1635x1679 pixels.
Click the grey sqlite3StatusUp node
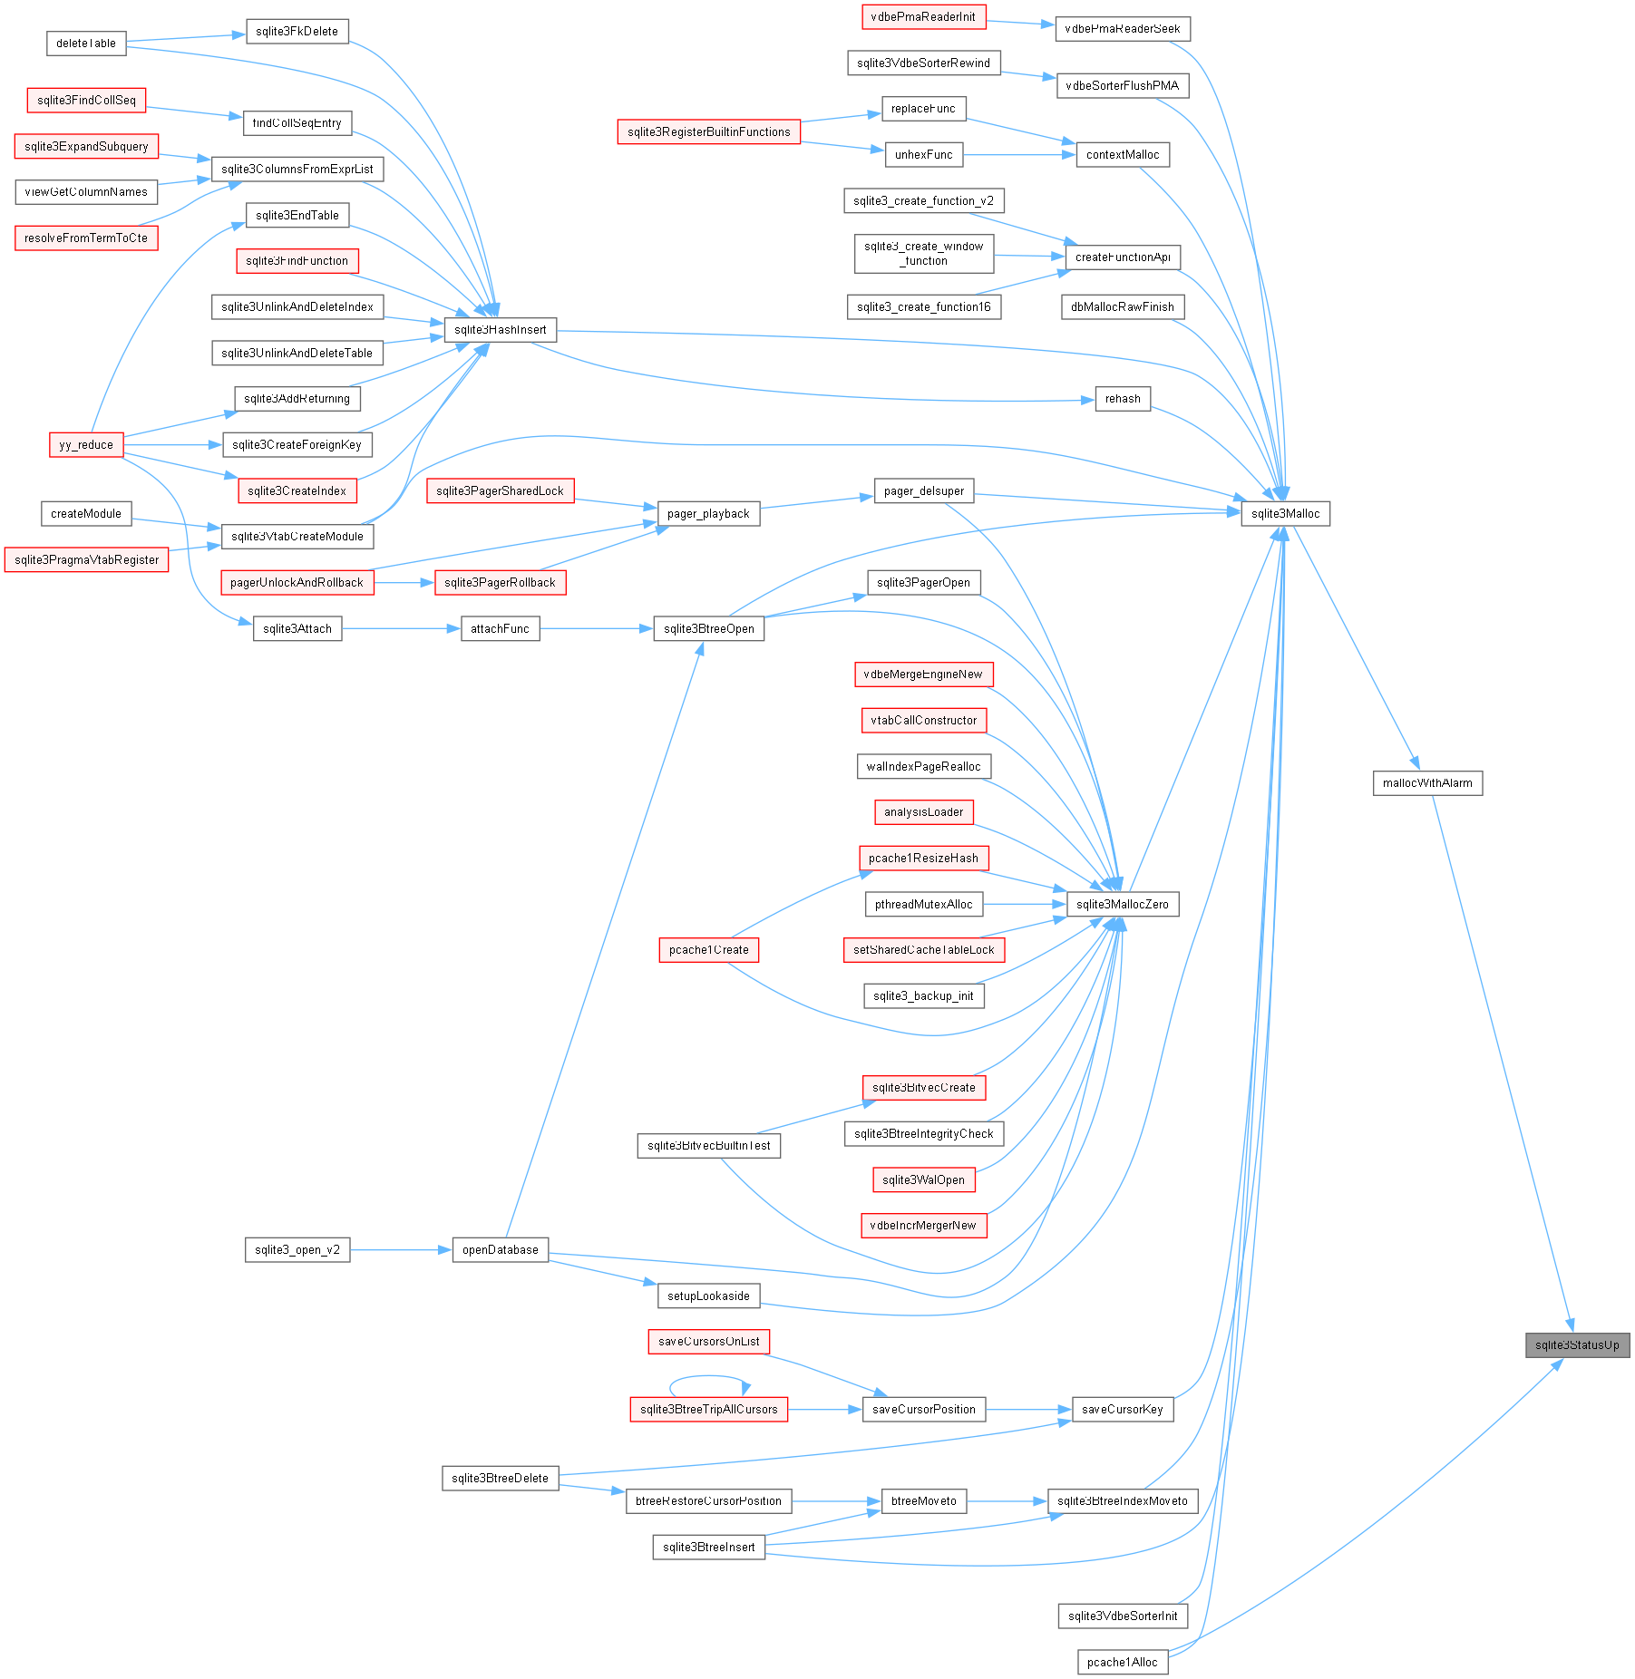1577,1345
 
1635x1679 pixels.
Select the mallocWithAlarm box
1427,783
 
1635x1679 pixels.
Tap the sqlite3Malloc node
1285,514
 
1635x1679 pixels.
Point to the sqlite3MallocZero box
1123,905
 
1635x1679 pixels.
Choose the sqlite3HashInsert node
501,330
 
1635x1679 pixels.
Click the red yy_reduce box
86,445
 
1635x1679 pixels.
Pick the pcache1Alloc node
1123,1663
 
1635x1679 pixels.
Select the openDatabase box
501,1250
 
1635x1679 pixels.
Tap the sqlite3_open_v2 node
297,1250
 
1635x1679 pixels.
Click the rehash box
1123,399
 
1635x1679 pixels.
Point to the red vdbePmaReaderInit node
923,16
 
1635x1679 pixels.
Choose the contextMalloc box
1123,155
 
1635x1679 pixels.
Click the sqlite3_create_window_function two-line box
924,254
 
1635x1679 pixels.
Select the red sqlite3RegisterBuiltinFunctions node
709,132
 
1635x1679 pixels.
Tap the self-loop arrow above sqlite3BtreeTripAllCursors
709,1377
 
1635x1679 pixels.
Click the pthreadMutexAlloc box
923,905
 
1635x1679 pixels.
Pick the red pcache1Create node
709,950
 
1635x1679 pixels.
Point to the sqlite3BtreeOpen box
709,629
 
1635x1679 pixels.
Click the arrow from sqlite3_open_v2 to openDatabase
401,1250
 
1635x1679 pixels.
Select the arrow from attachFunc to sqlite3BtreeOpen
597,629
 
